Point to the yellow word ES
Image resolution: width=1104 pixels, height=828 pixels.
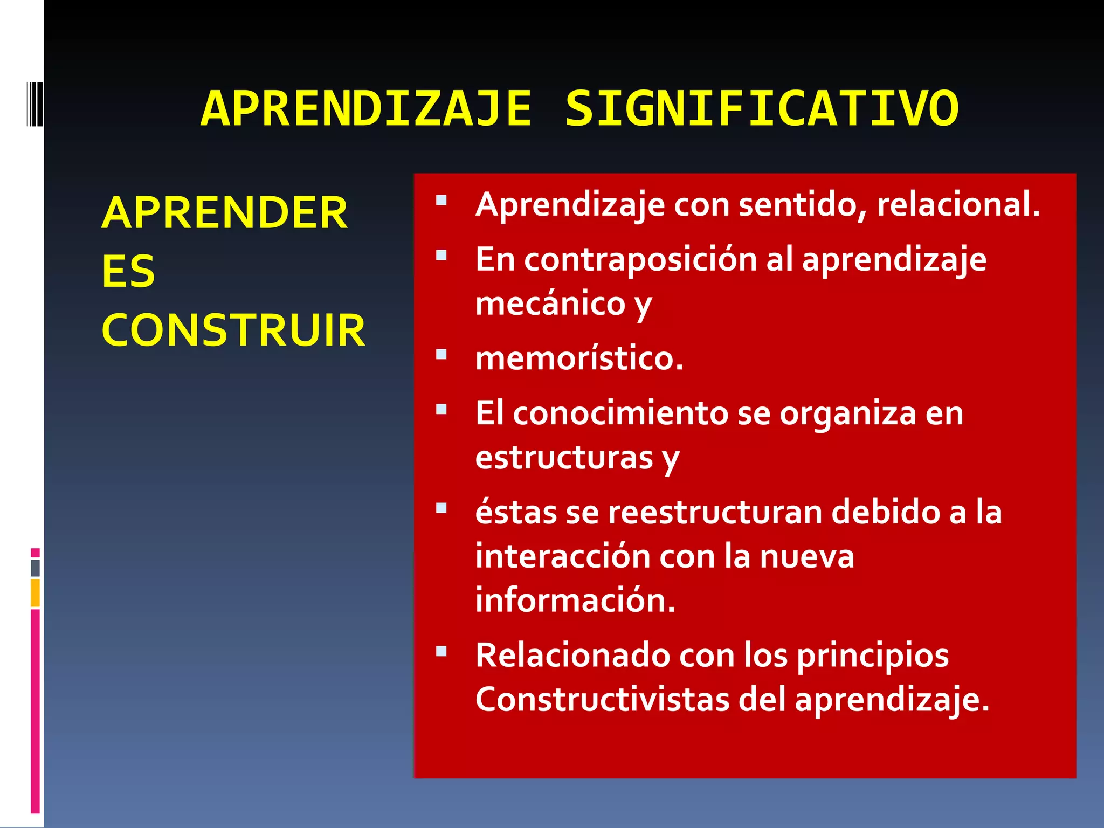(128, 271)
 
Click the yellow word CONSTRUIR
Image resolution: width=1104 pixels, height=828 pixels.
(233, 330)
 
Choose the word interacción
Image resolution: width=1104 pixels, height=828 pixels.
(562, 556)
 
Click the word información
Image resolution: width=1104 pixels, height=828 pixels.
(575, 601)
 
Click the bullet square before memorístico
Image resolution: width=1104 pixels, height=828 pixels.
(441, 354)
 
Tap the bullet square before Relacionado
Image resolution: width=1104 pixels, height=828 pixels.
(441, 651)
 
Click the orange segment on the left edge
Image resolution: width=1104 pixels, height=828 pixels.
(35, 592)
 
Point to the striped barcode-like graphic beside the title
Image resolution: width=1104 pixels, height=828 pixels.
(35, 103)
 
